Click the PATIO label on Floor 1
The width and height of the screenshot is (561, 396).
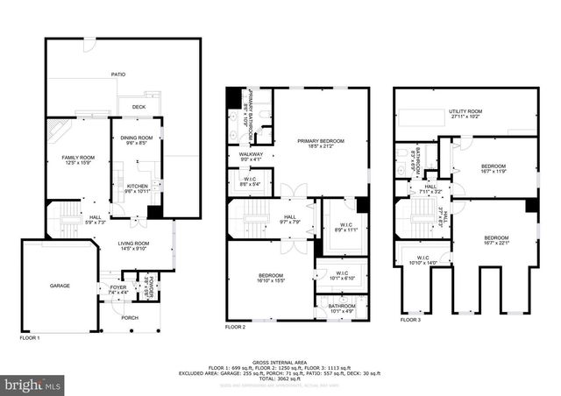coord(117,74)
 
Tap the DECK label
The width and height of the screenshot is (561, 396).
coord(138,108)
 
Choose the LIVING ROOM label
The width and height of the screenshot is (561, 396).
coord(134,245)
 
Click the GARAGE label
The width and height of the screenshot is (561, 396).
coord(60,286)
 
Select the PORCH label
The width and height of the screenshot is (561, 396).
coord(129,318)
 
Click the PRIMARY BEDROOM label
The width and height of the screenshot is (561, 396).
coord(320,143)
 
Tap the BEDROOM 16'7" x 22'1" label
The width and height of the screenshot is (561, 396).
coord(497,240)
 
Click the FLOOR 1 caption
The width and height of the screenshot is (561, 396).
coord(30,336)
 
